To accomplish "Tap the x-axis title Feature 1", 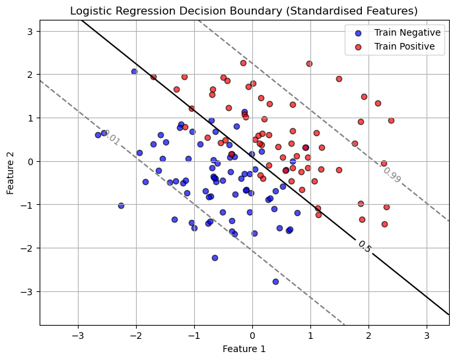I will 244,348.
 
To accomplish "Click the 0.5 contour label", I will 365,246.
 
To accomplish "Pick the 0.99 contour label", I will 392,174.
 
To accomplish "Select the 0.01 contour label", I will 112,138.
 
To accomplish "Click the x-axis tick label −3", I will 78,335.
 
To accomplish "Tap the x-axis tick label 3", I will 427,335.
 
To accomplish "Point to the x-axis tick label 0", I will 252,335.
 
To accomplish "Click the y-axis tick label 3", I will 30,31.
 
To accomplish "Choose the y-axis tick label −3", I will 28,291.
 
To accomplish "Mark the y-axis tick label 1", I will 30,118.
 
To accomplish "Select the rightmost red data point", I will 391,120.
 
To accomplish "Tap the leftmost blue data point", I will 98,135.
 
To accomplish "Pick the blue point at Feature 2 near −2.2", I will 215,258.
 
